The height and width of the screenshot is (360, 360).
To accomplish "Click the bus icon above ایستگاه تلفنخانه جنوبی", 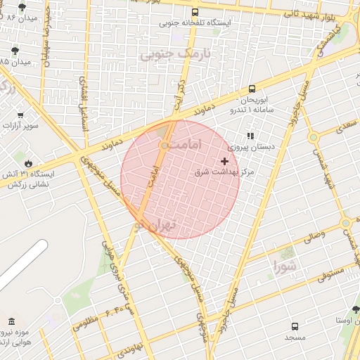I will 195,12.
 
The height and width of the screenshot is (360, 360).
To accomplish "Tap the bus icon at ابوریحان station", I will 252,89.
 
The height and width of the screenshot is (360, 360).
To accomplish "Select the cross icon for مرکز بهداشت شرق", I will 225,161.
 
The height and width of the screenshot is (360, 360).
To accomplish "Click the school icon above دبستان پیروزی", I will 249,136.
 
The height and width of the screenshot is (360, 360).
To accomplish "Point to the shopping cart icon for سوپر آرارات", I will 20,115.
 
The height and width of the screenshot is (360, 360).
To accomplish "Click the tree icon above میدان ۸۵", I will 15,51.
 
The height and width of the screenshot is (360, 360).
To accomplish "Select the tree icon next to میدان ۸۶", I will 22,7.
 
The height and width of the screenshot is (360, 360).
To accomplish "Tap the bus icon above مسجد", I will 294,327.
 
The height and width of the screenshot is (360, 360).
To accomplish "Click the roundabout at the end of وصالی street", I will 345,223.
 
